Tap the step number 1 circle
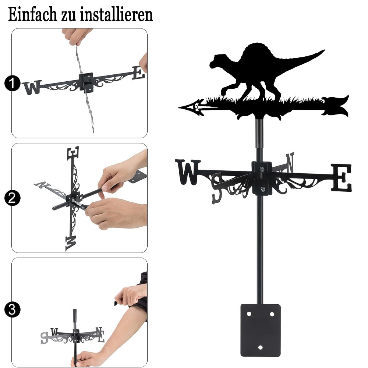click(12, 83)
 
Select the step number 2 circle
click(12, 198)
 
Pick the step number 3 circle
click(12, 309)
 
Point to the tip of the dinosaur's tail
click(324, 50)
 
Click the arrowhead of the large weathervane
click(191, 107)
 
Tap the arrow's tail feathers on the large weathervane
click(336, 106)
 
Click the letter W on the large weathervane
click(188, 172)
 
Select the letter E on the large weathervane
click(341, 177)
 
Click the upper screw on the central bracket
click(262, 169)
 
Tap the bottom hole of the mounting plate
click(260, 347)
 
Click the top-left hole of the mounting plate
click(249, 314)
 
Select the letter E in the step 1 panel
click(138, 73)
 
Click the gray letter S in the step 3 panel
click(44, 338)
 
